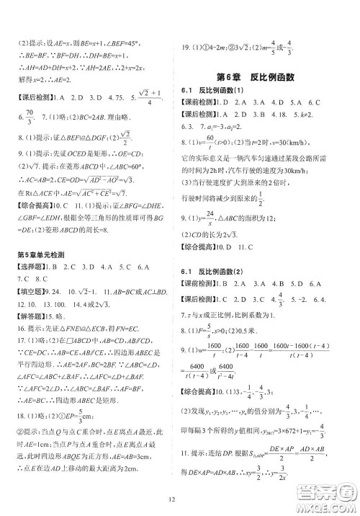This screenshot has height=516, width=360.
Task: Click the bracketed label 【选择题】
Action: coord(32,267)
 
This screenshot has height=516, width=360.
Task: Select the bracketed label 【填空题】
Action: coord(32,293)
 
